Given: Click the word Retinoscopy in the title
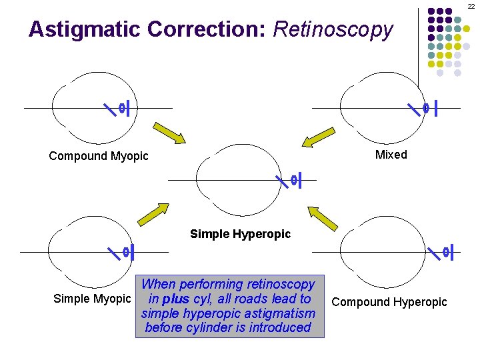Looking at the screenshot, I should (x=333, y=29).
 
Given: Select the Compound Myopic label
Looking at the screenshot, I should (x=99, y=156).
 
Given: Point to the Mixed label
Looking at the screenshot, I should (x=391, y=155).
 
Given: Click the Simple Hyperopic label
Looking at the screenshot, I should (x=240, y=234).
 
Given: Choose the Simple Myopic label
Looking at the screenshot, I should (x=91, y=299).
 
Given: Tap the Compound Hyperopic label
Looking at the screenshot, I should (x=389, y=302).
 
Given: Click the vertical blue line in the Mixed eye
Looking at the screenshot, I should (x=435, y=107).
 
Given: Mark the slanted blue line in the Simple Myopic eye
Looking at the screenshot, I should (x=115, y=252).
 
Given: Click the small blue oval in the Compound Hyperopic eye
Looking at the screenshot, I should (x=445, y=252).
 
